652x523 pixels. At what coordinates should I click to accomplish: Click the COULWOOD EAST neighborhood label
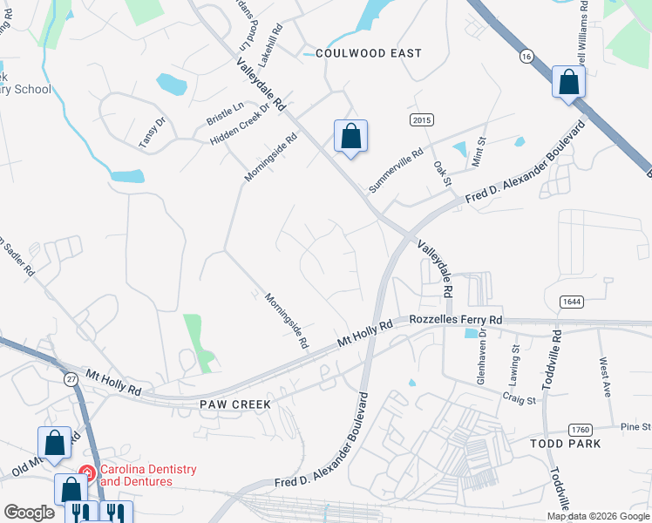pos(369,53)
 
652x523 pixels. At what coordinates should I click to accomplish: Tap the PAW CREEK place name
pos(235,404)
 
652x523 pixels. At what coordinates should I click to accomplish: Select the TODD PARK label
pos(567,444)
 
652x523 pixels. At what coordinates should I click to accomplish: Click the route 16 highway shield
pos(526,55)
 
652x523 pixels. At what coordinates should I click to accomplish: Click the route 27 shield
pos(70,378)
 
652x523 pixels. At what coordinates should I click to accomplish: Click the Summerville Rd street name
pos(395,169)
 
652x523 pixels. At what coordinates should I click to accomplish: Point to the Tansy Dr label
pos(152,132)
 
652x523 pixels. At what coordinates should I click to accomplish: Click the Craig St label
pos(518,397)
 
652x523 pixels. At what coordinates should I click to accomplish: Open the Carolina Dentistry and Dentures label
pos(148,475)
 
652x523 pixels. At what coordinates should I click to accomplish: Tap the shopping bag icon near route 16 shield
pos(568,84)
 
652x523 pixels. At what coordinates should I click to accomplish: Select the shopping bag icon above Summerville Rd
pos(350,137)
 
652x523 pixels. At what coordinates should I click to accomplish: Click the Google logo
pos(29,513)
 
